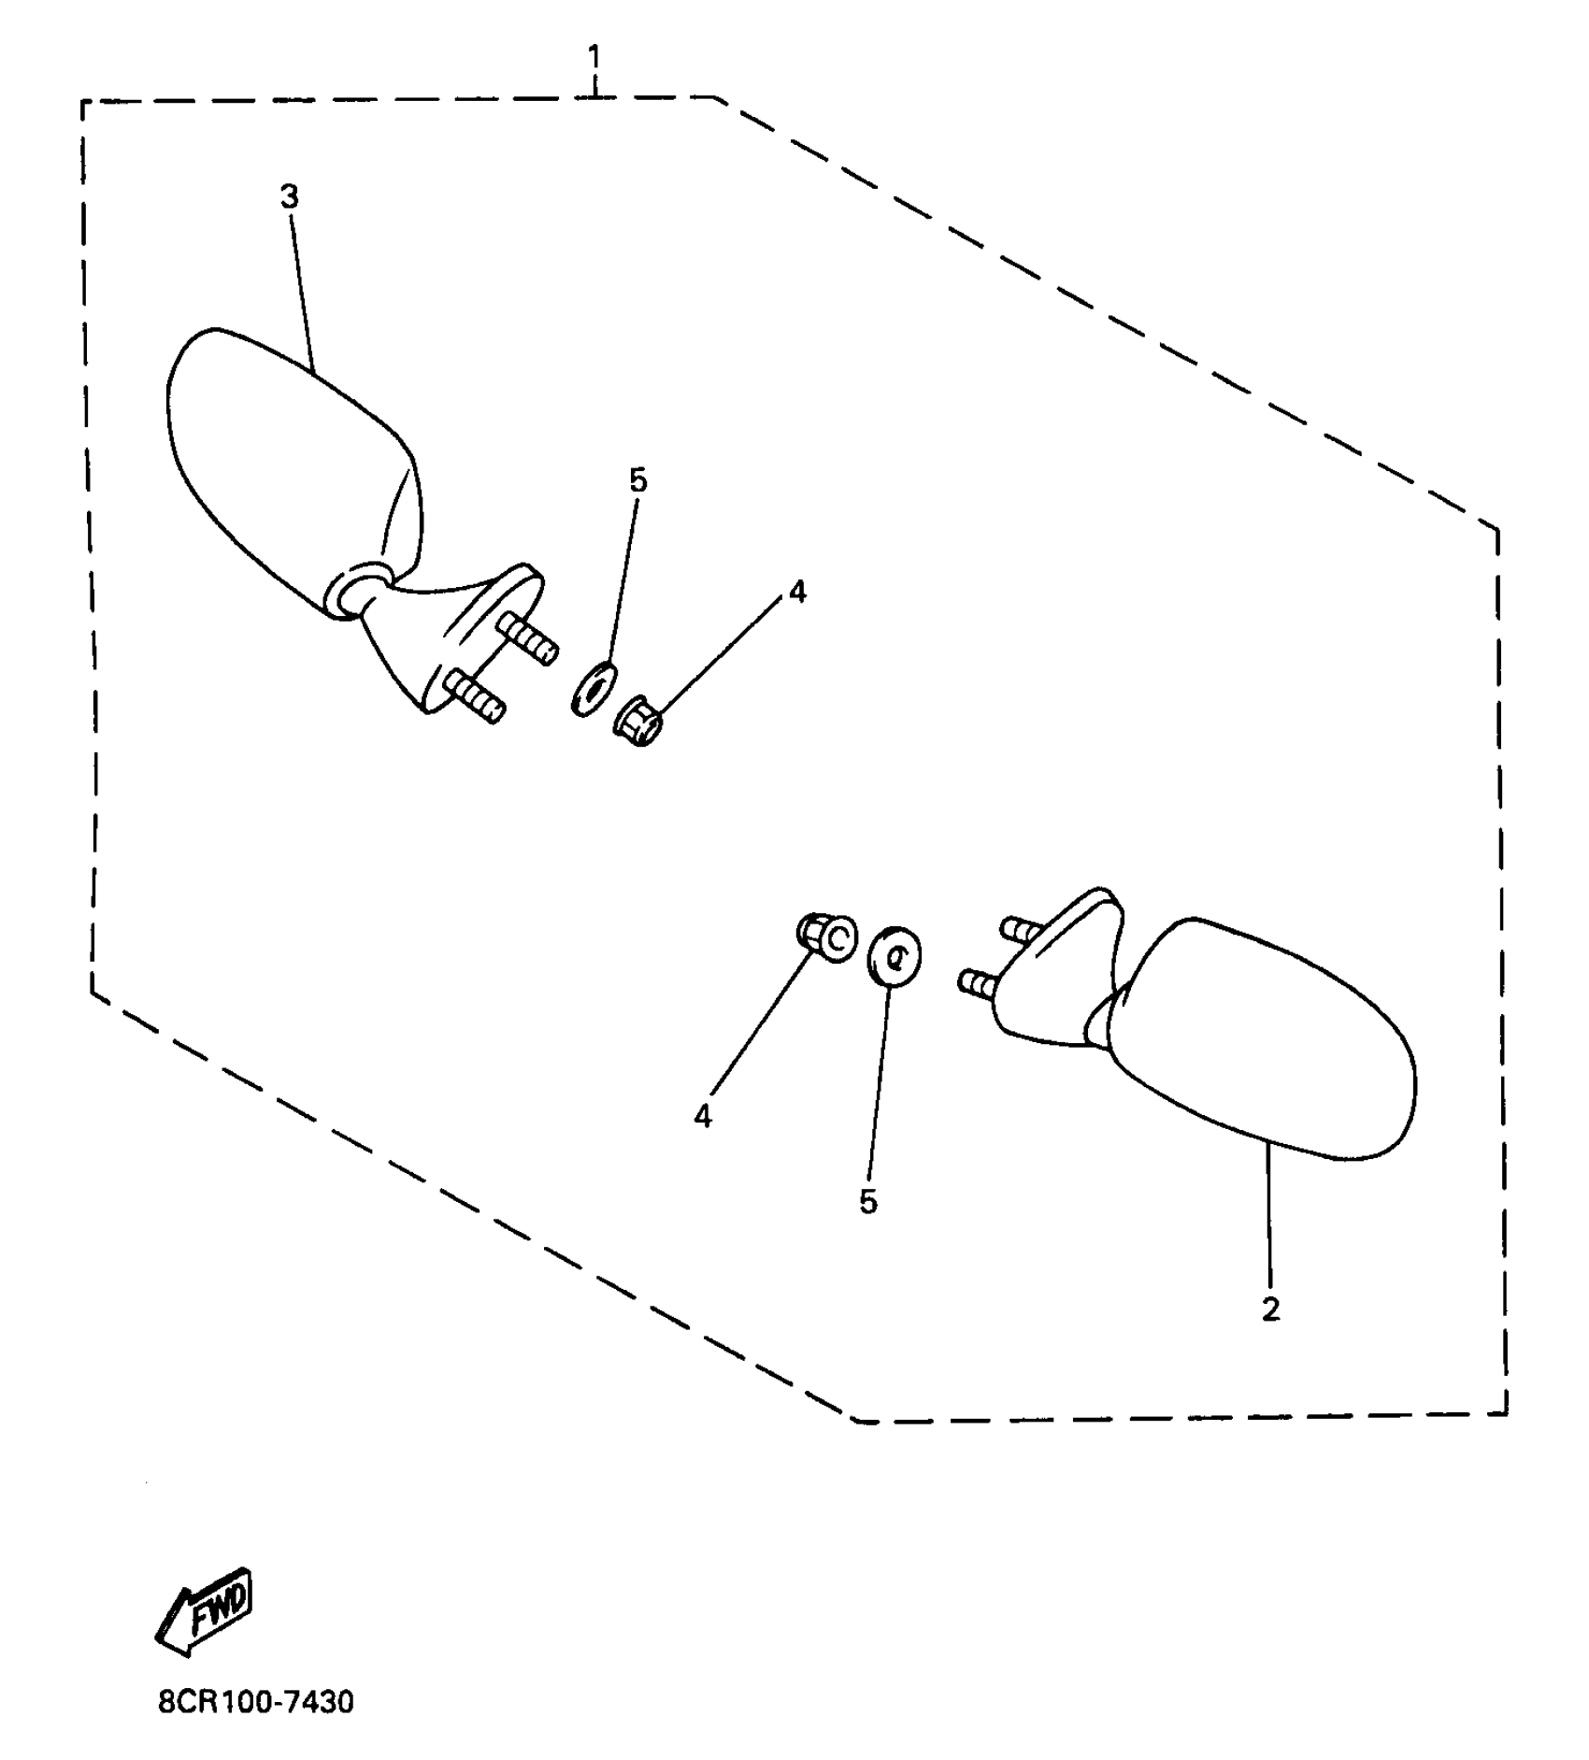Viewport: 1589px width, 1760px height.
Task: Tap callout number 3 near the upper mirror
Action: (290, 196)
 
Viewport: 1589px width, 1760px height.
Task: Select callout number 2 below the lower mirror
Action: (1270, 1309)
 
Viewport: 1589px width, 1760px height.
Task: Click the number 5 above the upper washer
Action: (637, 480)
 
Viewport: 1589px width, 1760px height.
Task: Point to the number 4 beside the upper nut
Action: (796, 591)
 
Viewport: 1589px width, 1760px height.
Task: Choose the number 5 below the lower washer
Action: (868, 1202)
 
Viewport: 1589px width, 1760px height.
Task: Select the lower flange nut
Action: (826, 937)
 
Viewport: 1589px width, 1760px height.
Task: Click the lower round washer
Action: (895, 955)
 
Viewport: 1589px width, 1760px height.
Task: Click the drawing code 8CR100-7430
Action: (256, 1702)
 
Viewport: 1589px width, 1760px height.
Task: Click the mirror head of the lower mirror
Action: (1262, 1037)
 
